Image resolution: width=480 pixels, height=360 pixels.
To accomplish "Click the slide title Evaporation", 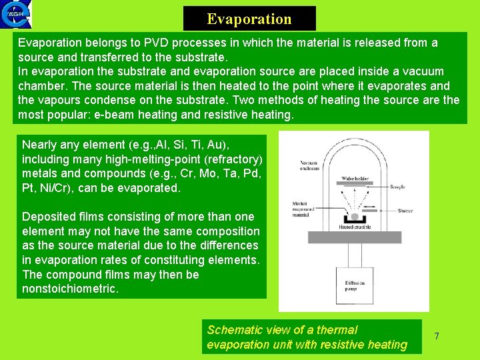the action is tap(249, 19).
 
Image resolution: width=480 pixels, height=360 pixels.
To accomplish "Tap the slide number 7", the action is tap(437, 336).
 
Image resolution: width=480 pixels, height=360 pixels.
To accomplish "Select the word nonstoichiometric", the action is tap(70, 289).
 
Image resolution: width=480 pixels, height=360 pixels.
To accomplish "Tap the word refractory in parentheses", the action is tap(227, 159).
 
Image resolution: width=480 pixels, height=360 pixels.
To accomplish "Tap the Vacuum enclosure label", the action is tap(310, 165).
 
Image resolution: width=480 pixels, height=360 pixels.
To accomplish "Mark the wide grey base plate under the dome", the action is tap(354, 237).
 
